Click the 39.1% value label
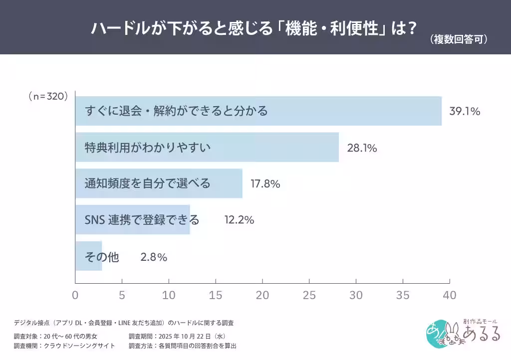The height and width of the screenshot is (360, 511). (x=465, y=111)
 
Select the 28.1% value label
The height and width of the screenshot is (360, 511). (x=361, y=148)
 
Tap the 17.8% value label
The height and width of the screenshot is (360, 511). (x=265, y=184)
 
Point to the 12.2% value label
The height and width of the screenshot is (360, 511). (x=239, y=220)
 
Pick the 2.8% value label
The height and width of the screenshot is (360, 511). (x=154, y=257)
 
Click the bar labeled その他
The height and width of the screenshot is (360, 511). (x=89, y=256)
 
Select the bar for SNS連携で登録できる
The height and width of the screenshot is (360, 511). (x=132, y=220)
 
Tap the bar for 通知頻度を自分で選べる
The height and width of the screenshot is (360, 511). (x=159, y=183)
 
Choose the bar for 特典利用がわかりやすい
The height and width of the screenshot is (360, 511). (x=207, y=147)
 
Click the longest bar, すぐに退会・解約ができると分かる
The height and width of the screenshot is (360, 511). (x=258, y=111)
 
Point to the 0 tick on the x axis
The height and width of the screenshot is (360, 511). (x=75, y=295)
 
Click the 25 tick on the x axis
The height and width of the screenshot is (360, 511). (x=309, y=295)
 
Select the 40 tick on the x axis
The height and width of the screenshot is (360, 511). (x=449, y=295)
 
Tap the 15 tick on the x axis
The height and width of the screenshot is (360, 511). (x=216, y=295)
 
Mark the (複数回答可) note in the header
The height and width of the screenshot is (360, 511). (x=459, y=40)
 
